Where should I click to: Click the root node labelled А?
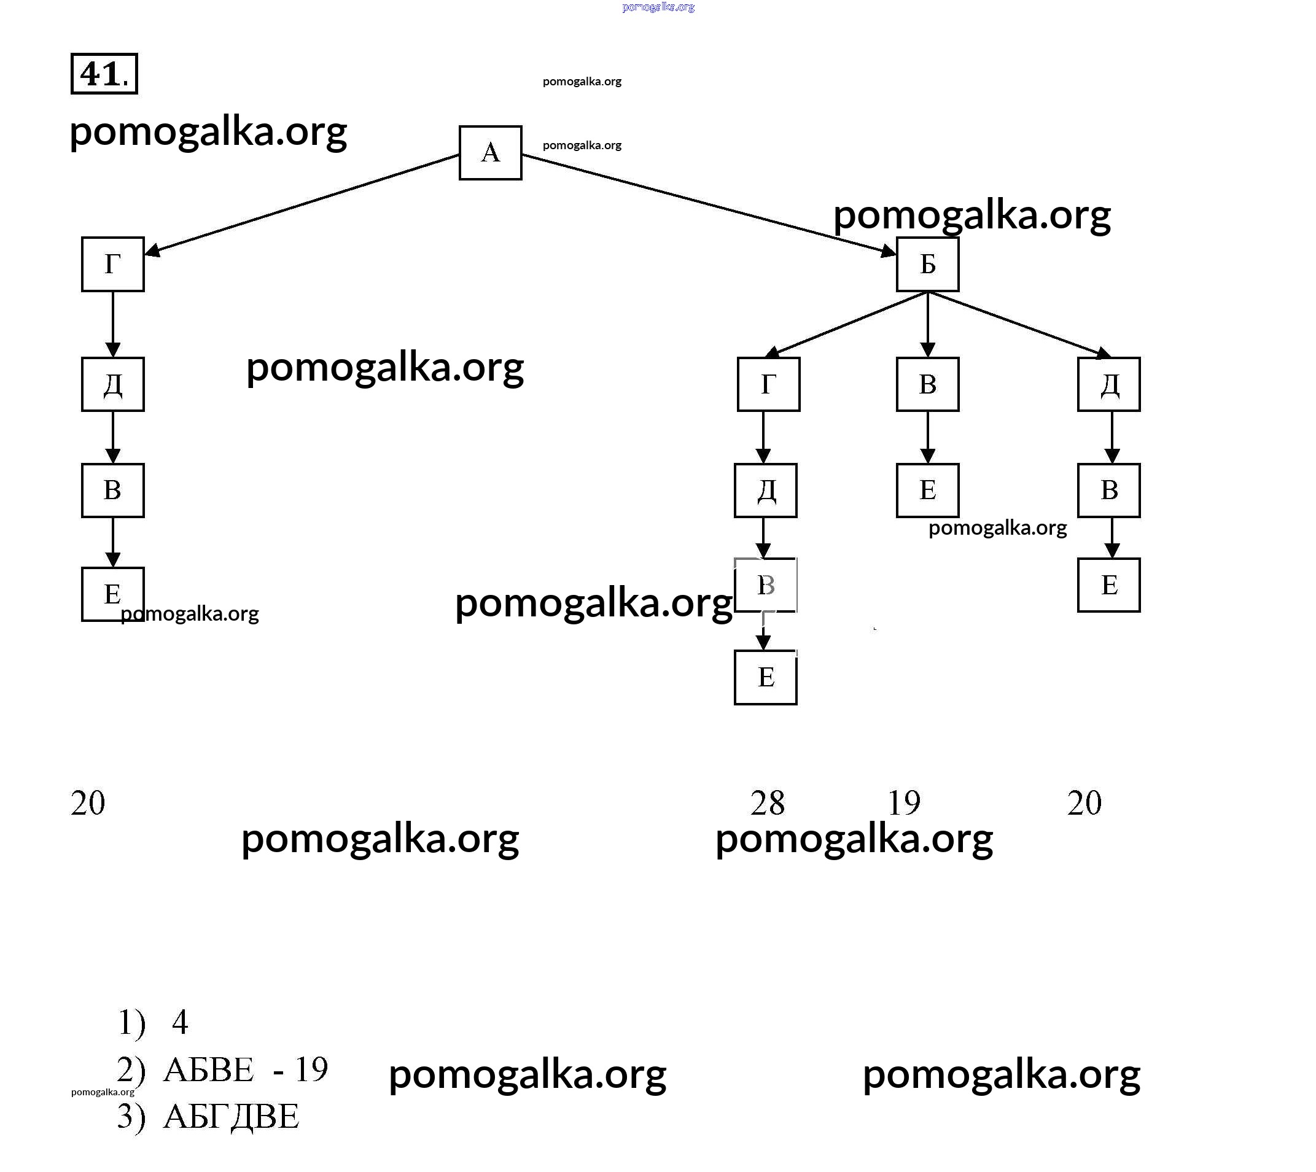pyautogui.click(x=490, y=153)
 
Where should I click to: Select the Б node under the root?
pyautogui.click(x=927, y=264)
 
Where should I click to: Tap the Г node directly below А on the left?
pyautogui.click(x=113, y=264)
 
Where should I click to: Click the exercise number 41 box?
pyautogui.click(x=104, y=74)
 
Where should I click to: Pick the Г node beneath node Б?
pyautogui.click(x=768, y=384)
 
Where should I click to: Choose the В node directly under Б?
pyautogui.click(x=927, y=384)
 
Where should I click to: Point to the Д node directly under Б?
pyautogui.click(x=1108, y=384)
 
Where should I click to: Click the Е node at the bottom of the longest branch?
pyautogui.click(x=765, y=677)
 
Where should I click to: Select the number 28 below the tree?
pyautogui.click(x=767, y=803)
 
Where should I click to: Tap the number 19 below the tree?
pyautogui.click(x=904, y=803)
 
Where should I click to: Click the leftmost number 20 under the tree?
pyautogui.click(x=88, y=803)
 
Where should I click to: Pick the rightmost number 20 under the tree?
pyautogui.click(x=1084, y=803)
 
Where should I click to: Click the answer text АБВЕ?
pyautogui.click(x=209, y=1070)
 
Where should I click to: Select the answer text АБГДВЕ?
pyautogui.click(x=232, y=1117)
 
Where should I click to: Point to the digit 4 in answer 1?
pyautogui.click(x=180, y=1022)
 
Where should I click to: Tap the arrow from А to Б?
pyautogui.click(x=709, y=204)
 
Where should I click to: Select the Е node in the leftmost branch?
pyautogui.click(x=113, y=594)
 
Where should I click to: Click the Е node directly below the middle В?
pyautogui.click(x=927, y=491)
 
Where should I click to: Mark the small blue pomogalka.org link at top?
pyautogui.click(x=658, y=7)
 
